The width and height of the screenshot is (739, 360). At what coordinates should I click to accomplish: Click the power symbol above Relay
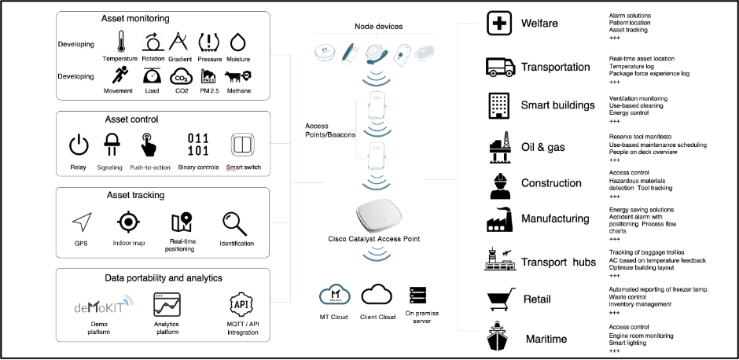pos(78,145)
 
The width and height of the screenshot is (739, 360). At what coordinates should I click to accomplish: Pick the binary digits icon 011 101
pos(197,145)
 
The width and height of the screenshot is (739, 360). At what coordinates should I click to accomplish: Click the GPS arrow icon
pos(82,223)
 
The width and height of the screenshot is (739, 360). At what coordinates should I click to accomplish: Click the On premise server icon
pos(417,296)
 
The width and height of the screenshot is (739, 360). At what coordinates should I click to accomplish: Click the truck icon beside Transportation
pos(499,67)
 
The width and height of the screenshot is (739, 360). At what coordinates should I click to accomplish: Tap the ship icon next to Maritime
pos(499,337)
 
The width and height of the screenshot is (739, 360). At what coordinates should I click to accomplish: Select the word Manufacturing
pos(555,219)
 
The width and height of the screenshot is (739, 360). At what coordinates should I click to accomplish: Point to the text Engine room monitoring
pos(641,336)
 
